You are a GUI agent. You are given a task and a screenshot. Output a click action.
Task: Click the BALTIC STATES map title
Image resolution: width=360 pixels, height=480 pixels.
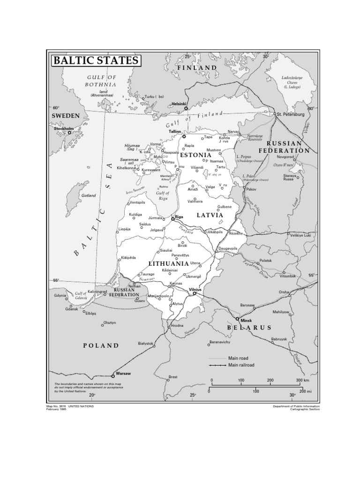tap(95, 60)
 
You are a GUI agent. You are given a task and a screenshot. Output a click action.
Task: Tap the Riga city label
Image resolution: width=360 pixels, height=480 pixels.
tap(179, 217)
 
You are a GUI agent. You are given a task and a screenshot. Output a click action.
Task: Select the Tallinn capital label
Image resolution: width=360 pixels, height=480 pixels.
tap(175, 132)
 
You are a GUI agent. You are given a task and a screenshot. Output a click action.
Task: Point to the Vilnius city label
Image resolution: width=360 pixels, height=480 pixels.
tap(195, 290)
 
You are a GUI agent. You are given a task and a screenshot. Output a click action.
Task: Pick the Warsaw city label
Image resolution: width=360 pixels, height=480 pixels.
tap(123, 373)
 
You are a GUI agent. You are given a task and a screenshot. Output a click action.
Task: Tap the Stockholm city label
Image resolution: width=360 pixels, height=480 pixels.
tap(64, 128)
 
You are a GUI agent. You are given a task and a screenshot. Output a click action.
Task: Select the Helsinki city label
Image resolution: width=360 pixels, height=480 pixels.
tap(179, 104)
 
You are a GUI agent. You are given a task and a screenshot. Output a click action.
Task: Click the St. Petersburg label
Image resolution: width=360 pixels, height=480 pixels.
tap(291, 114)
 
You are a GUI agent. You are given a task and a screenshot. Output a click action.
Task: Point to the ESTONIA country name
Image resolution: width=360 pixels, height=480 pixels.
tap(196, 155)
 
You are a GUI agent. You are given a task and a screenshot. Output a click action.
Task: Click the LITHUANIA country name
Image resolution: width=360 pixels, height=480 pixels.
tap(168, 264)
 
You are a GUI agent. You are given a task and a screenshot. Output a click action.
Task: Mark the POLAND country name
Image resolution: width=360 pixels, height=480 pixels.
tap(101, 345)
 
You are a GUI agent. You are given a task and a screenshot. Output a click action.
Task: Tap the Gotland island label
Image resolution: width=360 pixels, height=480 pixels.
tap(89, 195)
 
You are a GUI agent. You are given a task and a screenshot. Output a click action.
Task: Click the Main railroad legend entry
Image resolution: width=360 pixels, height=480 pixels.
tap(241, 365)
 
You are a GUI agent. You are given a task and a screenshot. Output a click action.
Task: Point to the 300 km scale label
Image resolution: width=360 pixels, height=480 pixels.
tap(302, 380)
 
